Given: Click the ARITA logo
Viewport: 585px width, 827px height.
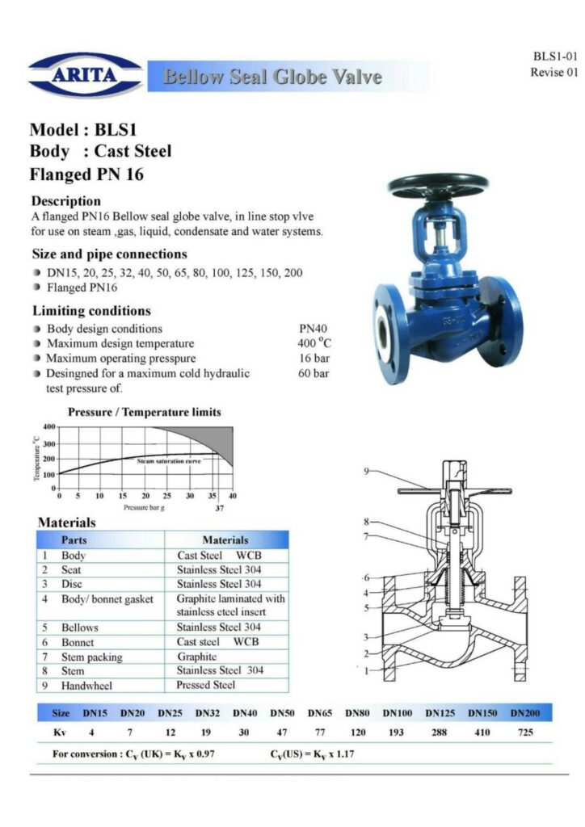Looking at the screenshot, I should point(85,76).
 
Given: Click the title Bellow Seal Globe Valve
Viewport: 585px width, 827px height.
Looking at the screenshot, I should point(272,78).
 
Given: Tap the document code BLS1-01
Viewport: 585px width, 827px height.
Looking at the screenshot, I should point(555,57).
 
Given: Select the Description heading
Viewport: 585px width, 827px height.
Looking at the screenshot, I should point(65,200).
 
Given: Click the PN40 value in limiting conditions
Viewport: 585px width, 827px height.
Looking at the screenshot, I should point(314,329).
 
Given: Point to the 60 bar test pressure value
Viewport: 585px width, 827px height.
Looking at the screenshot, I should point(314,373).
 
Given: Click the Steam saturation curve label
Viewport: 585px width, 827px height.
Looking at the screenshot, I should point(168,460).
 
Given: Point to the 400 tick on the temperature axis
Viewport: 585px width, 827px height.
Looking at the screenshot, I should point(48,426).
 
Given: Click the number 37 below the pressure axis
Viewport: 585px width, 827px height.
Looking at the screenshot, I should point(219,508).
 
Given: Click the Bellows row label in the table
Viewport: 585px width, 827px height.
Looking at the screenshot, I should point(79,628).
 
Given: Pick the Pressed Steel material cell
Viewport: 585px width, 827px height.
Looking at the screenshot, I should point(206,685).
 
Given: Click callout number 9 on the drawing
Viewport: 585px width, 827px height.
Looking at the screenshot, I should point(366,471).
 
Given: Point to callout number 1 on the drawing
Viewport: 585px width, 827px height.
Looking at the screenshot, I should point(366,670).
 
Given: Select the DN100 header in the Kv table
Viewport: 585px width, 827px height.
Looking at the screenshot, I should point(398,713).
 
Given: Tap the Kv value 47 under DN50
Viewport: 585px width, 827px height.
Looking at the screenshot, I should point(282,733).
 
